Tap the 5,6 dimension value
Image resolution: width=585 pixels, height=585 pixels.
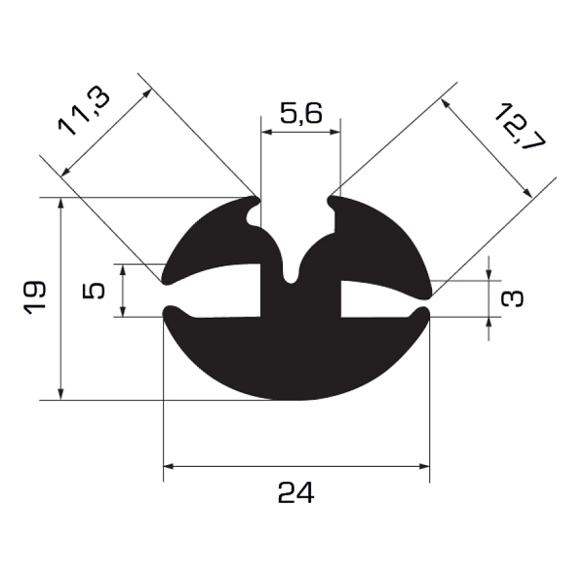coord(301,113)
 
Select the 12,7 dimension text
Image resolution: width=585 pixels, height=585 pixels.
coord(520,126)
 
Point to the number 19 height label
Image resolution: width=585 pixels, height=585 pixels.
coord(34,298)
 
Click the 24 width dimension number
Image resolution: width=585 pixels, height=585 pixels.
coord(296,492)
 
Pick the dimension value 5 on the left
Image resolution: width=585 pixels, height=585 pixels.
coord(94,291)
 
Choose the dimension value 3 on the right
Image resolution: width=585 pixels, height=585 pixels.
coord(512,299)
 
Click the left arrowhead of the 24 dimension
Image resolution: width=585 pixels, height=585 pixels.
coord(169,466)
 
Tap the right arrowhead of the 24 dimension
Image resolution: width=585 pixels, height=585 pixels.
coord(424,466)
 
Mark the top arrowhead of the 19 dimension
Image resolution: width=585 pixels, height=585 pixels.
coord(61,203)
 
